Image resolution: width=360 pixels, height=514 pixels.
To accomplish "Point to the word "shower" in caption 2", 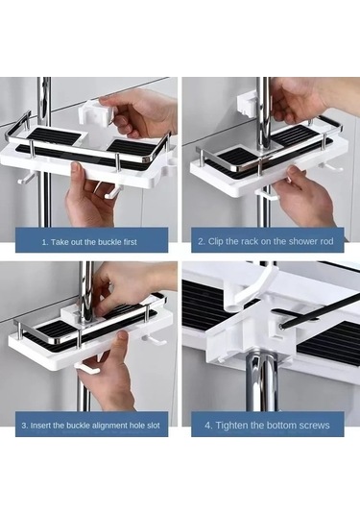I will click(x=293, y=242).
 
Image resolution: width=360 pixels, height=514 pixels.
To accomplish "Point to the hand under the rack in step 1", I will click(x=88, y=197).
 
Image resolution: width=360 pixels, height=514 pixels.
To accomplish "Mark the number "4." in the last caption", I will click(x=210, y=424).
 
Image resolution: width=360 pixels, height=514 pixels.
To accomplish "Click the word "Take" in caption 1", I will click(x=60, y=242).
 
